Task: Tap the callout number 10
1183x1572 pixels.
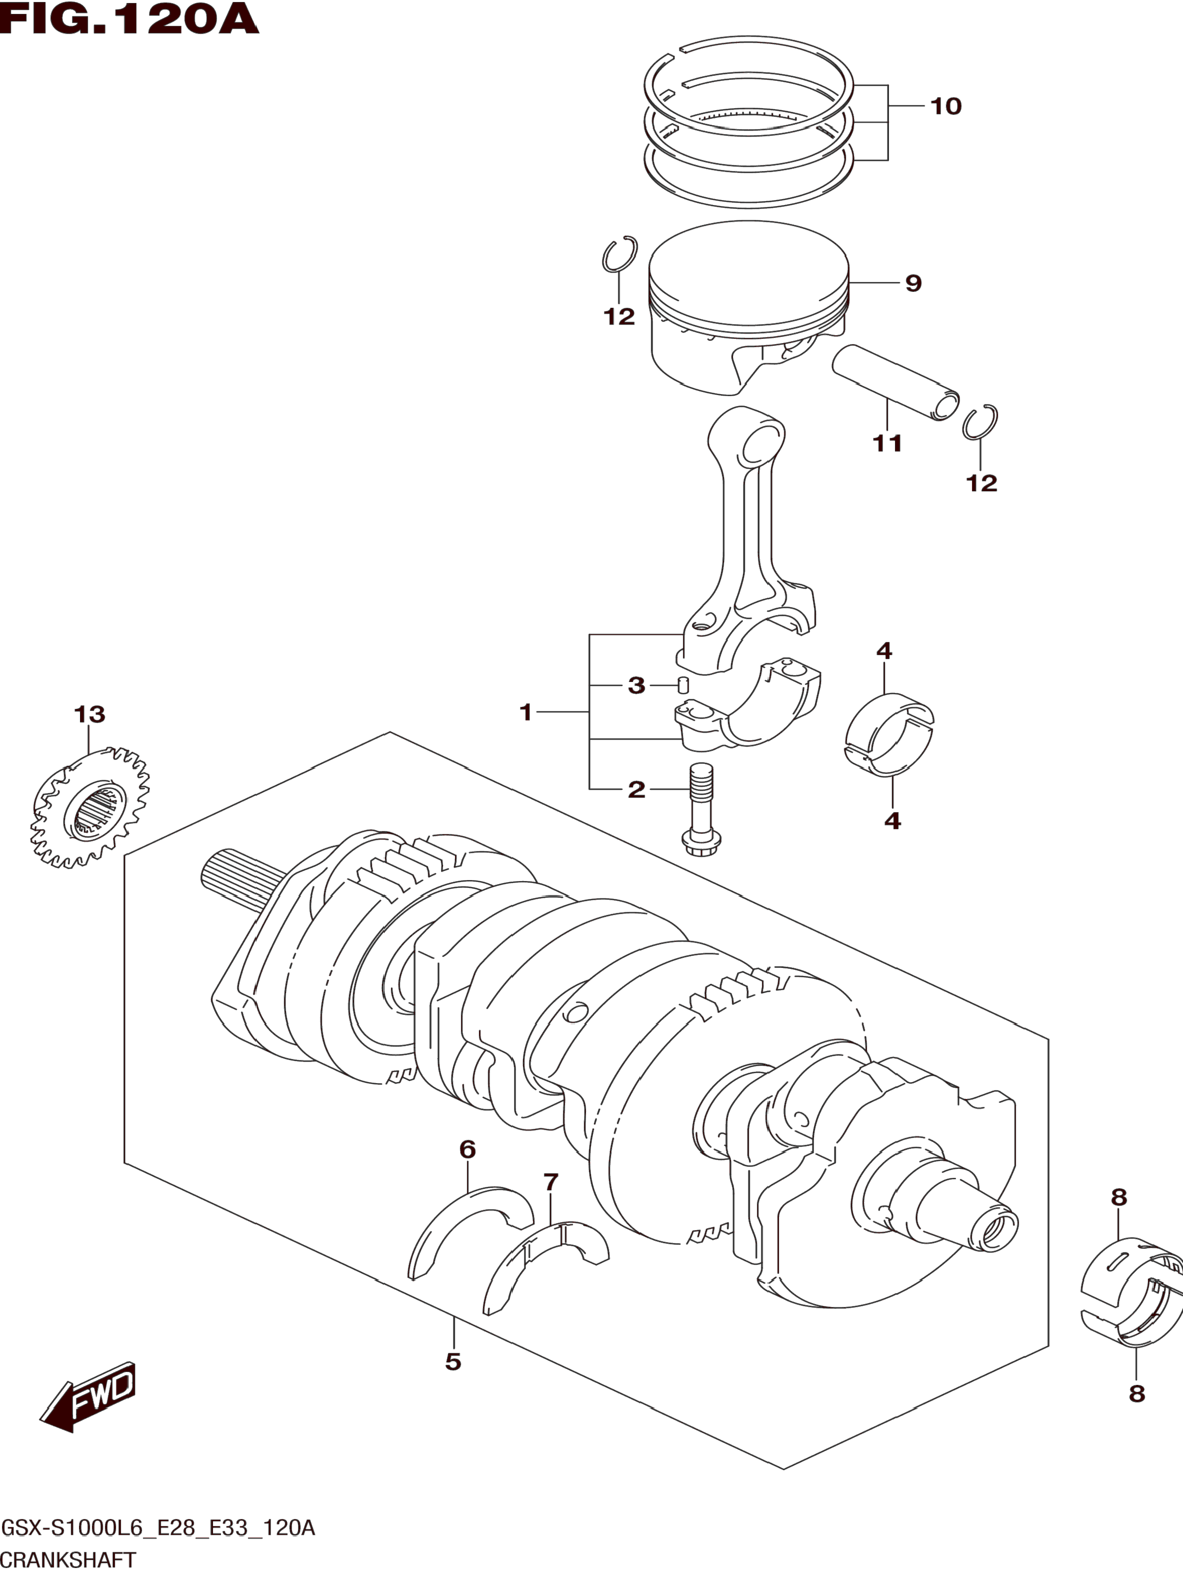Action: coord(946,107)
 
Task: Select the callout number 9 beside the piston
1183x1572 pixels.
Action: coord(913,283)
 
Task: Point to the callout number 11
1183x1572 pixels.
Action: coord(887,443)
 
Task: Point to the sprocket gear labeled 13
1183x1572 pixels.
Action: coord(91,807)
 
